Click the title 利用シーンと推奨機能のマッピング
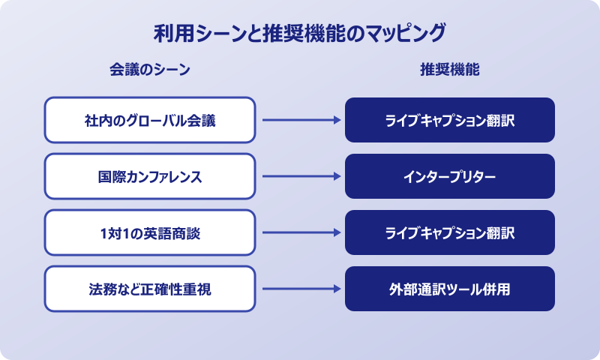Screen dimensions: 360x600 [300, 34]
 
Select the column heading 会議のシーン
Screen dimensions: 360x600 [150, 70]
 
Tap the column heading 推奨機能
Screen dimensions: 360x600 [450, 70]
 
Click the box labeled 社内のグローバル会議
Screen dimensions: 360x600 [150, 120]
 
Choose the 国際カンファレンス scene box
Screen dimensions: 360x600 [150, 176]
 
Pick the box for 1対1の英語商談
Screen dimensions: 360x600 [150, 232]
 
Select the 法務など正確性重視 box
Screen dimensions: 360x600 [150, 289]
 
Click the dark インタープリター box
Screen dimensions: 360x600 [450, 176]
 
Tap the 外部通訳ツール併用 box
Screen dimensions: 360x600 [450, 289]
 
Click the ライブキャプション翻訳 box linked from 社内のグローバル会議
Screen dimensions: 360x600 [450, 120]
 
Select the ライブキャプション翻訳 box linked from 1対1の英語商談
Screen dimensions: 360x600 [450, 232]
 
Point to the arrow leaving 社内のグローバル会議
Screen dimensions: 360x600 [300, 120]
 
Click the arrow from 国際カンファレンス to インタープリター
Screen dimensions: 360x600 [300, 176]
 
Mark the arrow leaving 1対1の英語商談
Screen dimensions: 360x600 [300, 232]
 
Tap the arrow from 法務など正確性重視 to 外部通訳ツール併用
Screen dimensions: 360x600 [300, 289]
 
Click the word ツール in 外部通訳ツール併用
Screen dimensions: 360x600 [460, 289]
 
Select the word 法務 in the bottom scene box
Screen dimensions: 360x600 [100, 289]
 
